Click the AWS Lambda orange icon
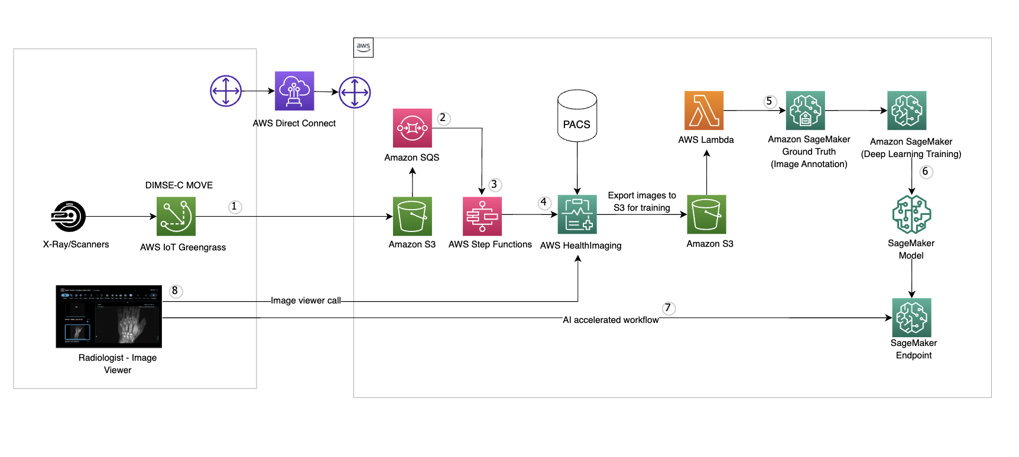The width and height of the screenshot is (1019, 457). click(703, 110)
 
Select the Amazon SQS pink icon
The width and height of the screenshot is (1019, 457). click(412, 128)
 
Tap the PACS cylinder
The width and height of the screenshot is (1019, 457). click(577, 116)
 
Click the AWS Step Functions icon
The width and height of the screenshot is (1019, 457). click(482, 216)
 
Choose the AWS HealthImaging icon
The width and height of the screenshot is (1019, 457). click(577, 214)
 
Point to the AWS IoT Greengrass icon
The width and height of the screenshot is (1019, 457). click(176, 216)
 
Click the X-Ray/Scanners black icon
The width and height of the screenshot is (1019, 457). click(69, 216)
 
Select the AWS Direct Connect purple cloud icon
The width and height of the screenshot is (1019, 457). click(294, 91)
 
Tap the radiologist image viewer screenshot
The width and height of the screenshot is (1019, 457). click(109, 316)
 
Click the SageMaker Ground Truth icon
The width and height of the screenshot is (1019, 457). click(805, 110)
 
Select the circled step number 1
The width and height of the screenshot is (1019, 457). click(235, 207)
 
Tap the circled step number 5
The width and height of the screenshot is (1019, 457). click(769, 102)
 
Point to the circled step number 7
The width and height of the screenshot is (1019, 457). click(668, 308)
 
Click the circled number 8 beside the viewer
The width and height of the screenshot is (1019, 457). click(175, 291)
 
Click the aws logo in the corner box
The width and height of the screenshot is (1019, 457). click(364, 47)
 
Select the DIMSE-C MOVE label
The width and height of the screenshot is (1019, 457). click(179, 185)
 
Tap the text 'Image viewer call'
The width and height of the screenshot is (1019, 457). click(306, 301)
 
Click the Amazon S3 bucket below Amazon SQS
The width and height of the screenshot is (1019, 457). click(412, 216)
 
